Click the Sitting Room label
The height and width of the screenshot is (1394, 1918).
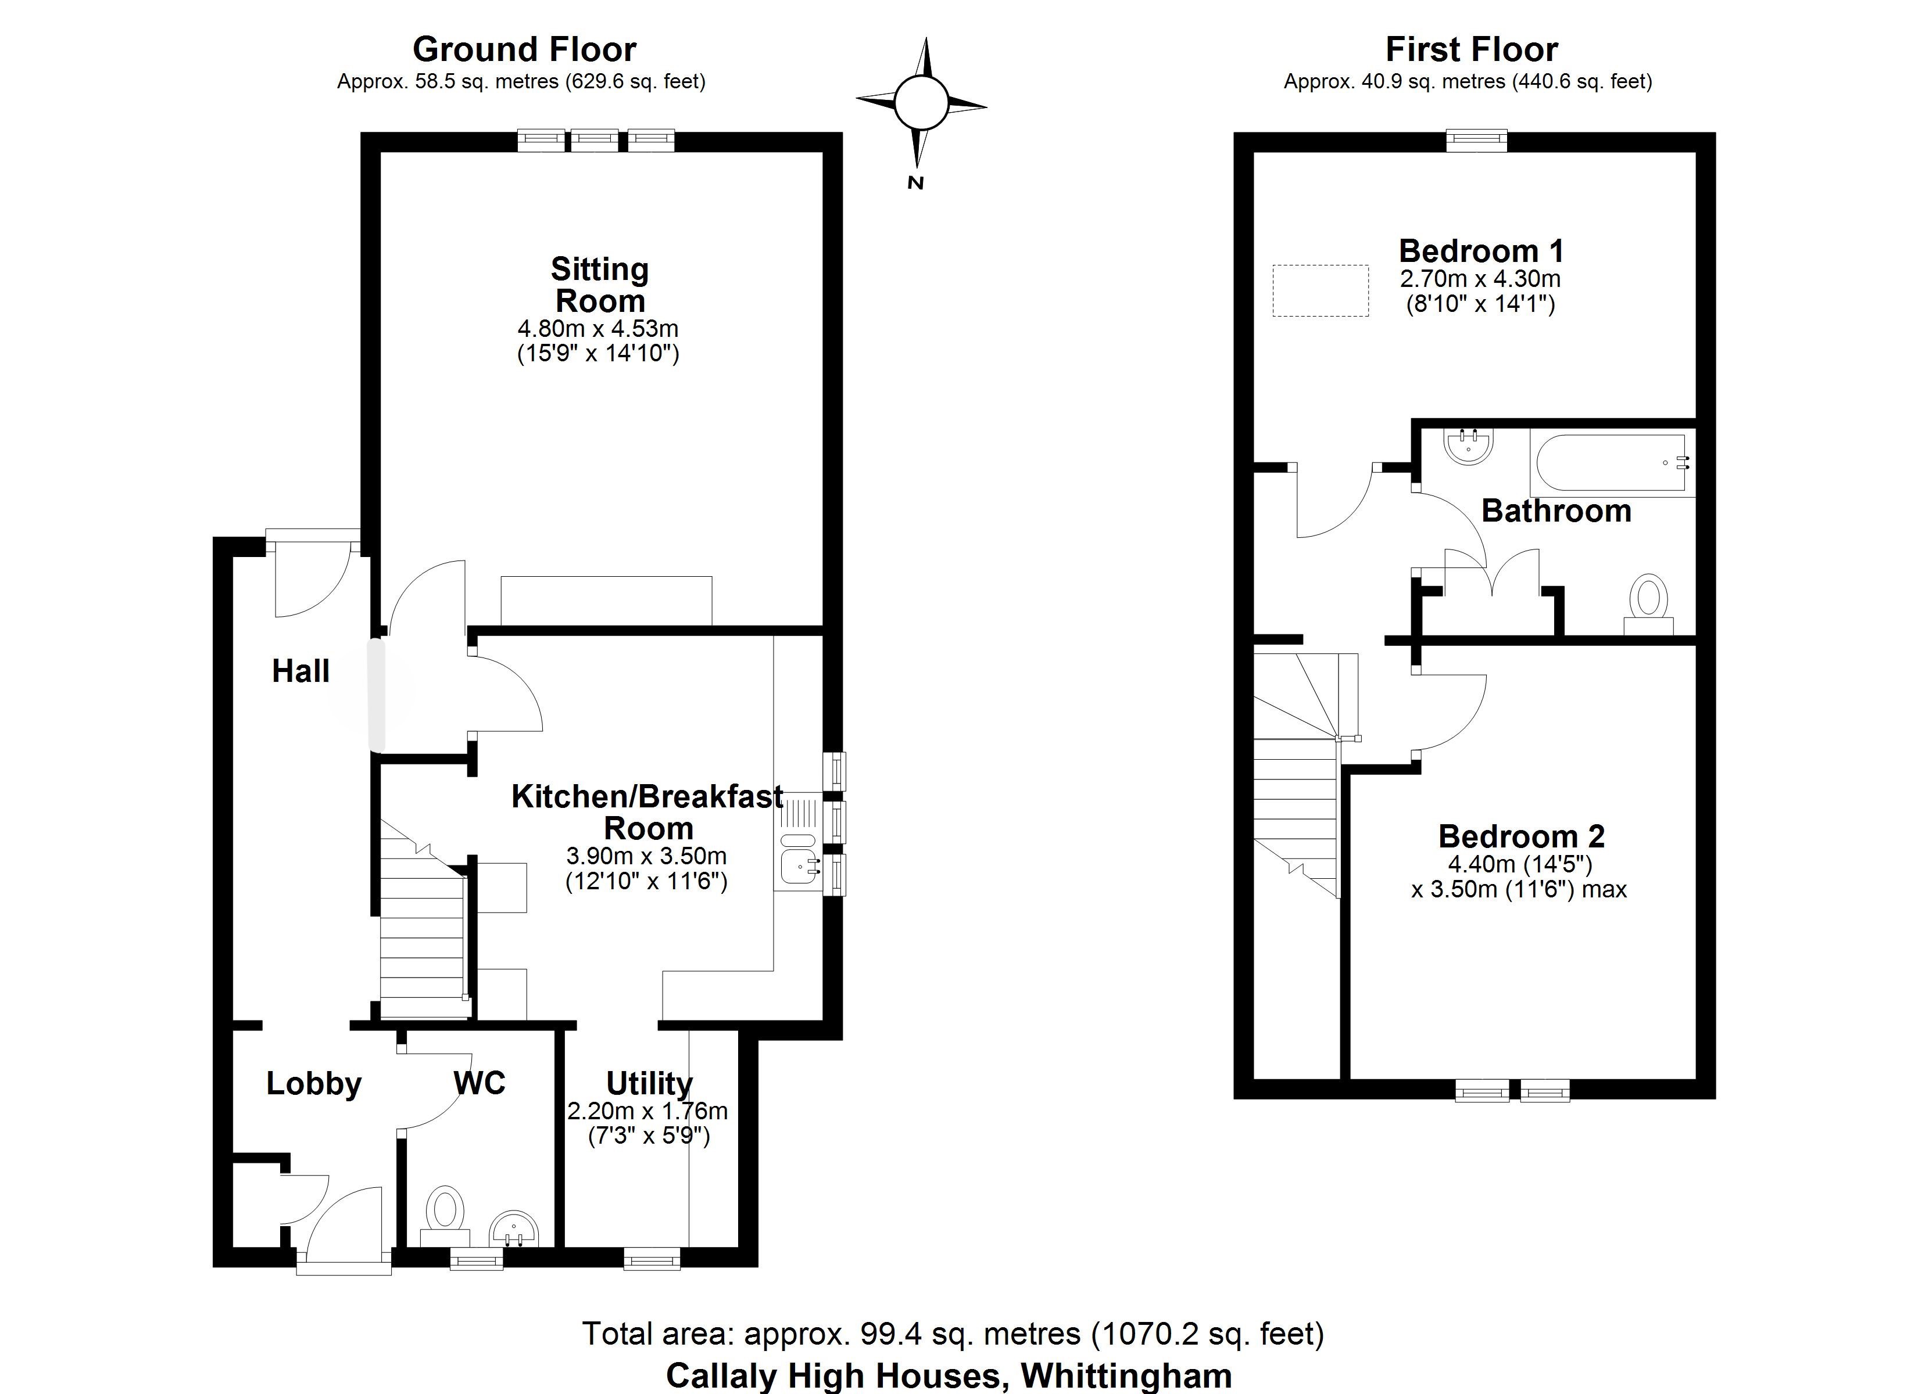pos(600,285)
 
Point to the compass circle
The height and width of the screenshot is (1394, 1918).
pos(921,104)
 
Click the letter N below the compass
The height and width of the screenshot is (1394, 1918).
pos(914,182)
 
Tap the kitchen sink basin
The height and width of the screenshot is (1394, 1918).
pos(799,865)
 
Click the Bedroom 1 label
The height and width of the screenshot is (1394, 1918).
pos(1481,250)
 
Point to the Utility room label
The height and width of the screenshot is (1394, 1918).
pos(649,1083)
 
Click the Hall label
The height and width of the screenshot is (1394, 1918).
pos(300,671)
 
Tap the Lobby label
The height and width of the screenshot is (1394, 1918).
pos(314,1084)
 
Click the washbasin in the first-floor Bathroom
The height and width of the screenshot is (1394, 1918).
pos(1470,446)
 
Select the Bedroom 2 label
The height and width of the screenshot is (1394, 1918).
pos(1522,836)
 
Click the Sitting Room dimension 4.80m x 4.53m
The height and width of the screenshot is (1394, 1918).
pos(598,328)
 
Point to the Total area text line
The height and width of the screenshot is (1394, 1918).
pos(953,1333)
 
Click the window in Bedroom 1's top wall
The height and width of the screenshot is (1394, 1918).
pos(1476,141)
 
